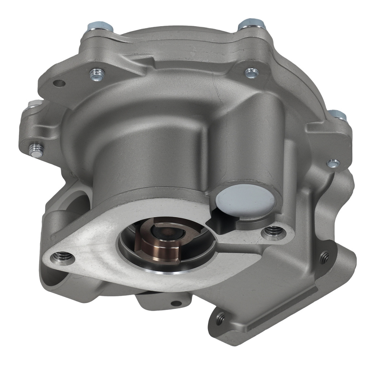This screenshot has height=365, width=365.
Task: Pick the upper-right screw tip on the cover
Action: tap(251, 73)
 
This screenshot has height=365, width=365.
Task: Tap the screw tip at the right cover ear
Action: tap(333, 163)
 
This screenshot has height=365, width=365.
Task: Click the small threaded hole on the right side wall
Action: tap(324, 257)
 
